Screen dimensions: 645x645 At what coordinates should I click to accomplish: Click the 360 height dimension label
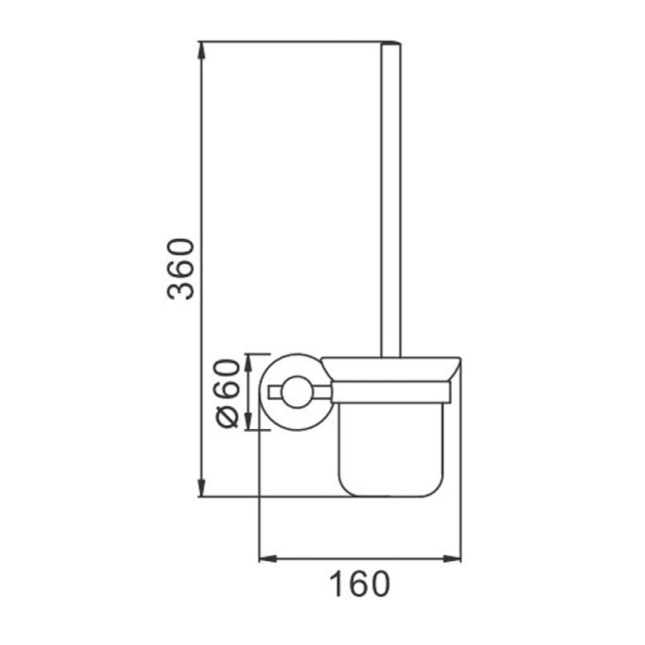[180, 268]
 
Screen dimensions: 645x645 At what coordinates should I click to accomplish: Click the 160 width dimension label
[359, 584]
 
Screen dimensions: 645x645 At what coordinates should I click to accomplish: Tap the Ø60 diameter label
[227, 393]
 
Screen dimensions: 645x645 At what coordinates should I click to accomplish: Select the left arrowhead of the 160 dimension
[268, 558]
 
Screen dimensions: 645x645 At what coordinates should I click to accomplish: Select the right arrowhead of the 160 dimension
[451, 558]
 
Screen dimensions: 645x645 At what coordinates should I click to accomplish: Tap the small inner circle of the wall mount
[298, 392]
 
